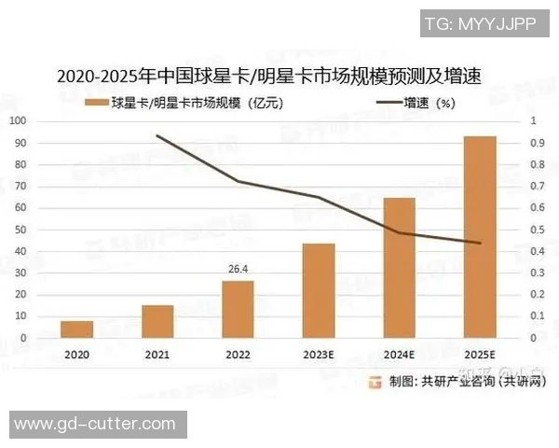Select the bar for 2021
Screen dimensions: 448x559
(x=157, y=321)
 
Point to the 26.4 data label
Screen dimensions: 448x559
(x=238, y=270)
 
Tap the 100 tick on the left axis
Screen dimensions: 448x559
(x=20, y=121)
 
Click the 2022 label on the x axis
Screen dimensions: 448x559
(x=238, y=356)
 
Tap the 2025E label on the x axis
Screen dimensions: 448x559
(x=479, y=356)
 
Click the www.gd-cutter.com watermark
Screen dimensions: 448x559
(x=95, y=424)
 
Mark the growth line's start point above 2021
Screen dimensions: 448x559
(x=157, y=135)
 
